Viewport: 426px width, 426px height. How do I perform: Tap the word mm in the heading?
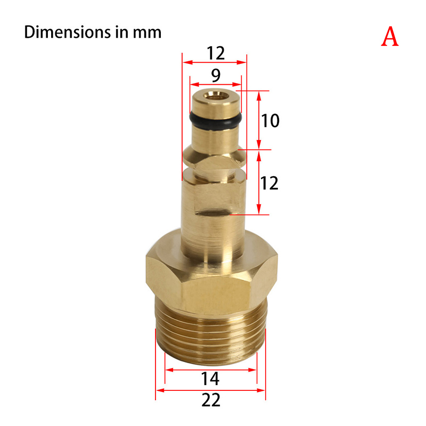pyautogui.click(x=147, y=32)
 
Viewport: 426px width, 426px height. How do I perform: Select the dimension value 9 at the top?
pyautogui.click(x=216, y=76)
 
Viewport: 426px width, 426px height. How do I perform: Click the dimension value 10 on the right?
pyautogui.click(x=270, y=121)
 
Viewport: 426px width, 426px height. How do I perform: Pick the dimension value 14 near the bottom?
pyautogui.click(x=210, y=379)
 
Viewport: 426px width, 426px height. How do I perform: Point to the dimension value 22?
pyautogui.click(x=210, y=400)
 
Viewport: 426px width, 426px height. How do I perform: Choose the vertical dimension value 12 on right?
pyautogui.click(x=270, y=183)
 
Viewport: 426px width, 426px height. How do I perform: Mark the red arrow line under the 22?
pyautogui.click(x=210, y=390)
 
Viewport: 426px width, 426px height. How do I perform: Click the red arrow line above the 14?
pyautogui.click(x=210, y=369)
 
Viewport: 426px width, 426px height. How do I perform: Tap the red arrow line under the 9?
pyautogui.click(x=216, y=84)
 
